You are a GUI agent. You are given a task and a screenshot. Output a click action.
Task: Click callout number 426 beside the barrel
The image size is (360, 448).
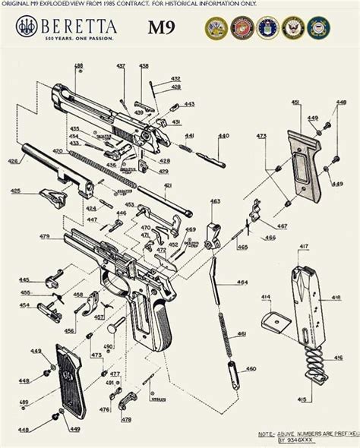[x=12, y=161]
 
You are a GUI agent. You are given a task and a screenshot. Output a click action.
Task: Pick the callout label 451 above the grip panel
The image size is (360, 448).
[x=295, y=102]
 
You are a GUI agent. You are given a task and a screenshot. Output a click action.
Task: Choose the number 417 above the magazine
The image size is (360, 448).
[x=303, y=247]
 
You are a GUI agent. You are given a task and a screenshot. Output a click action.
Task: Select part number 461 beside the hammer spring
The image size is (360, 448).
[x=242, y=333]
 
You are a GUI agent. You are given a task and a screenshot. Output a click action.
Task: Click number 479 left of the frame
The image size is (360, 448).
[x=45, y=237]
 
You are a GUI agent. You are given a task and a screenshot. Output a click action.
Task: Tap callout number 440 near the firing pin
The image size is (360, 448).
[x=223, y=136]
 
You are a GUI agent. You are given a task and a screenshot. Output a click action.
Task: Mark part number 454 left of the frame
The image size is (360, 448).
[x=24, y=305]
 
